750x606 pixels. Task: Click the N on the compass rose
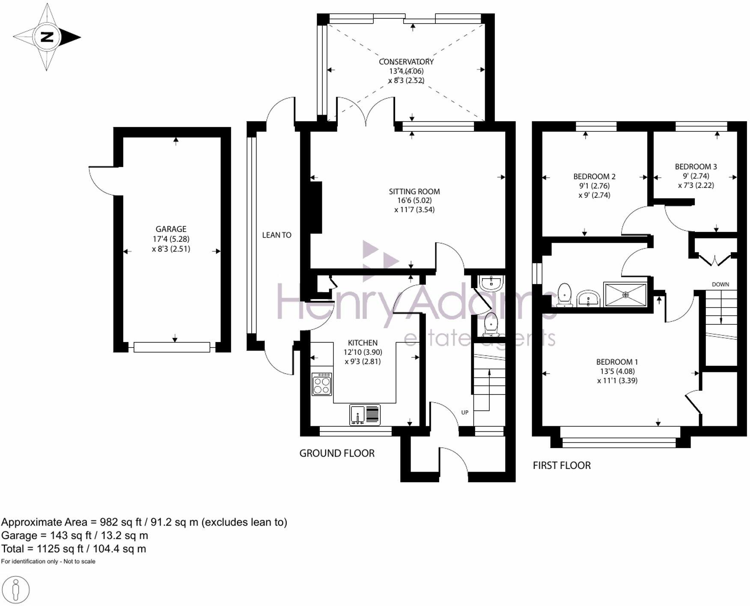click(47, 37)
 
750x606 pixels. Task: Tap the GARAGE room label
click(171, 229)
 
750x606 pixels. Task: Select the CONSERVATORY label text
click(406, 62)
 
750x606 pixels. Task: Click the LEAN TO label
click(277, 235)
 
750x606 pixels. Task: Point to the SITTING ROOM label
click(414, 191)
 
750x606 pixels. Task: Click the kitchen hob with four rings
click(322, 384)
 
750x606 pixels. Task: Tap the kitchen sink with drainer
click(365, 415)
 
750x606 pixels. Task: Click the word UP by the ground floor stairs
click(465, 413)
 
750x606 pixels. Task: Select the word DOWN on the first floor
click(720, 284)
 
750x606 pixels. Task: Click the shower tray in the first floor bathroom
click(625, 294)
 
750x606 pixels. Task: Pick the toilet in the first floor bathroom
click(565, 295)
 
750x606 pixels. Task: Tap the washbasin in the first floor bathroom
click(588, 298)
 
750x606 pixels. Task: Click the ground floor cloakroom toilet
click(490, 324)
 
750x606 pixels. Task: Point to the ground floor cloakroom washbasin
click(491, 283)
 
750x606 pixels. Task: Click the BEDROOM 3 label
click(696, 166)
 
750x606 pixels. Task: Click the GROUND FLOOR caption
click(337, 453)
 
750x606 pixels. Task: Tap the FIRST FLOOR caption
click(562, 465)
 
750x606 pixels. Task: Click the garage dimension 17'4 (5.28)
click(171, 239)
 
